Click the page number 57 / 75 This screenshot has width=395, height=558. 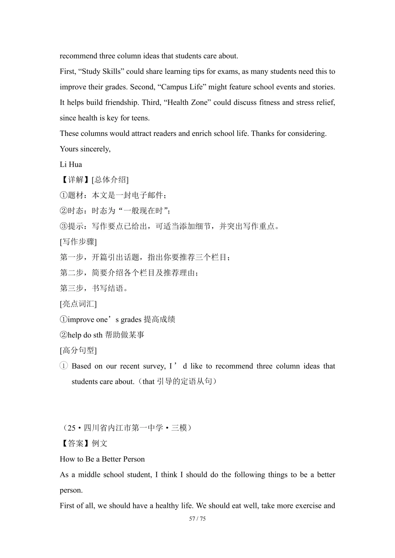click(x=197, y=519)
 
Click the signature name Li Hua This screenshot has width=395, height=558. click(x=71, y=164)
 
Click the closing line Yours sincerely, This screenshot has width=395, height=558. click(x=85, y=149)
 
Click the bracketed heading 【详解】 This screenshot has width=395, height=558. click(x=75, y=180)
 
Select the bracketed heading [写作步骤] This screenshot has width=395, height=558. click(x=78, y=242)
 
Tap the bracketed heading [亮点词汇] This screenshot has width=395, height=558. click(x=78, y=304)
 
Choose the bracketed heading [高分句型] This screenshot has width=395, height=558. click(x=78, y=350)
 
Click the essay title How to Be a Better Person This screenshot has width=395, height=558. click(x=102, y=459)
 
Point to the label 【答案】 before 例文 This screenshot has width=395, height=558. click(x=75, y=444)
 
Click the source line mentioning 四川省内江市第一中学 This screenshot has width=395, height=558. click(x=126, y=428)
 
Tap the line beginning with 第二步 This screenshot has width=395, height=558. click(x=129, y=273)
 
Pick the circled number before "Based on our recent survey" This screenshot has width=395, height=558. click(x=64, y=366)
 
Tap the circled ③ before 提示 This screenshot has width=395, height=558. click(x=64, y=227)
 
